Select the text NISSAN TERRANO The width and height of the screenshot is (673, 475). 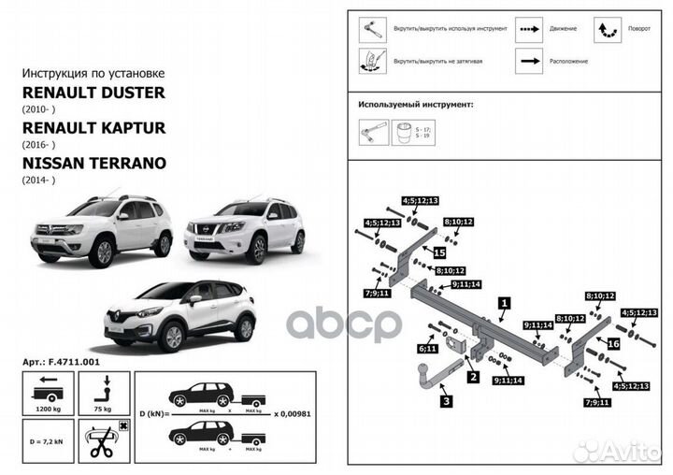pyautogui.click(x=93, y=163)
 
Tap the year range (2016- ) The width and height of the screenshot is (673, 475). pyautogui.click(x=39, y=145)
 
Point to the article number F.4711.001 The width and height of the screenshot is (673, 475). pyautogui.click(x=60, y=361)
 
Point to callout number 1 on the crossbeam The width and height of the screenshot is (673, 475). pyautogui.click(x=504, y=302)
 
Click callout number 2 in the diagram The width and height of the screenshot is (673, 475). pyautogui.click(x=474, y=377)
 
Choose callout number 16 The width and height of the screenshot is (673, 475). pyautogui.click(x=613, y=343)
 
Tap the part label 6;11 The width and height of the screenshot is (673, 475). pyautogui.click(x=428, y=349)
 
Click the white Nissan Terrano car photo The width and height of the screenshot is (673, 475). pyautogui.click(x=245, y=228)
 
